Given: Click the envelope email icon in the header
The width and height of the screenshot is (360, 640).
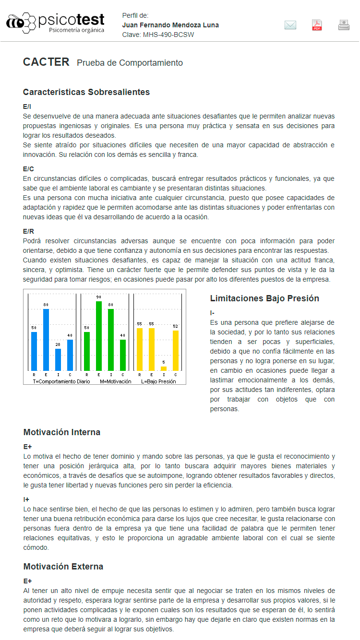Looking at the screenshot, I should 290,25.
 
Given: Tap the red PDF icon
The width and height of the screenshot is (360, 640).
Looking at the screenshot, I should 317,25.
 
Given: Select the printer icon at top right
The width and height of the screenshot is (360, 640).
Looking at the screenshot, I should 344,25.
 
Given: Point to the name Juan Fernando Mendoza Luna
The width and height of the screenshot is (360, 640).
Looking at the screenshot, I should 170,25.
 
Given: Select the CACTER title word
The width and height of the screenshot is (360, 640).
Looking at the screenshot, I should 46,62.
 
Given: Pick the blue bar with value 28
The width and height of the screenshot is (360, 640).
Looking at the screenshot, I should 58,359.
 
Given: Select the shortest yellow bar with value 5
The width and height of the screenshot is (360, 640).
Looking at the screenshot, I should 164,368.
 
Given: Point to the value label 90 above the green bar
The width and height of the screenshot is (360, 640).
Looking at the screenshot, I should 99,297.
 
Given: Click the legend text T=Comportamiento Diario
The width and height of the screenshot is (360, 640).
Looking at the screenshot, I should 61,381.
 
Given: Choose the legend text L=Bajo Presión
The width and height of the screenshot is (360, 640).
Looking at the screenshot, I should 158,381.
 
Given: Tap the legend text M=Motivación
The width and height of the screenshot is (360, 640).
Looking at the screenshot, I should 115,381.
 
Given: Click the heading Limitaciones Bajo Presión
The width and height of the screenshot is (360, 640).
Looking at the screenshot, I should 264,298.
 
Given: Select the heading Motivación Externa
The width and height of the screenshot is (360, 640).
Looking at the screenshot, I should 63,567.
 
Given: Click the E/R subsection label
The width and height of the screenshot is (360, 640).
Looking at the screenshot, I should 29,231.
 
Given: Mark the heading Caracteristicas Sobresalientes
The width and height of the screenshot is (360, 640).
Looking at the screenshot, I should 86,92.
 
